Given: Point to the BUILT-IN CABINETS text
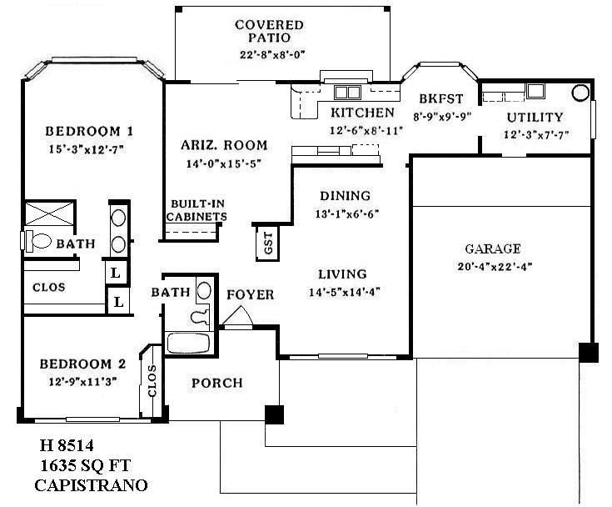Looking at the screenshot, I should [x=198, y=210].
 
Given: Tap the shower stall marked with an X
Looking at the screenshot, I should [x=50, y=214].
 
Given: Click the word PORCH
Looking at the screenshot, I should [x=217, y=384].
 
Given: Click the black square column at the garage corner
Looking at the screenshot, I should [x=588, y=353].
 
